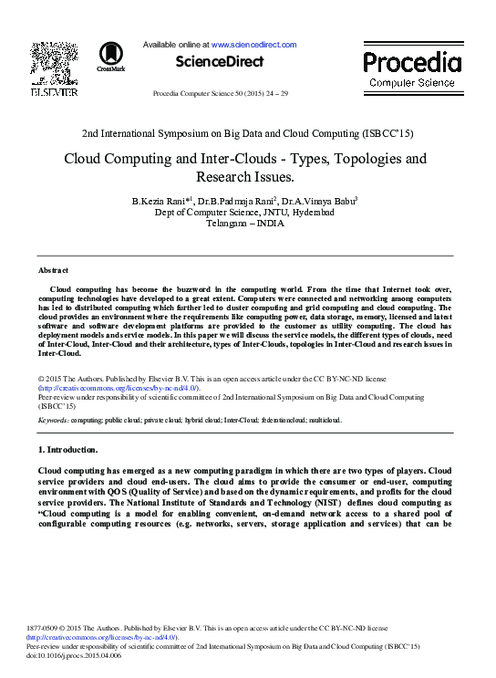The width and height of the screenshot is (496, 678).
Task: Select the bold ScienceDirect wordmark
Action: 220,62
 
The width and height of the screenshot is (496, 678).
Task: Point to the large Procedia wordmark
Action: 412,62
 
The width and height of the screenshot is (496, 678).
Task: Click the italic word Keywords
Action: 53,421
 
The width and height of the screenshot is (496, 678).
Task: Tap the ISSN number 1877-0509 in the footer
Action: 57,629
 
